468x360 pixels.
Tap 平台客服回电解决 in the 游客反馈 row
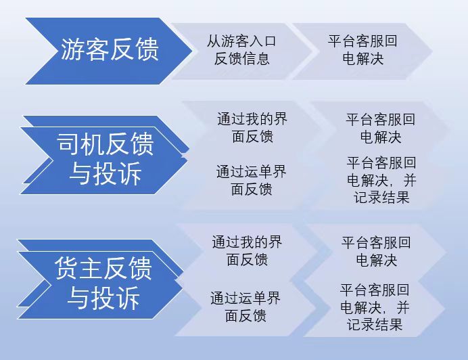(362, 49)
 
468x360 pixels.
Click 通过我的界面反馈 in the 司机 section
(252, 128)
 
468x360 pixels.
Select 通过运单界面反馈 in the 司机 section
(252, 181)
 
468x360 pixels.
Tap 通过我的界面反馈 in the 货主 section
(247, 250)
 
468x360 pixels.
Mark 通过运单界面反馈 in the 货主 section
(245, 307)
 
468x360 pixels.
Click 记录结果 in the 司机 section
(381, 198)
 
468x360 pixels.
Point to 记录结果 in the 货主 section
(375, 324)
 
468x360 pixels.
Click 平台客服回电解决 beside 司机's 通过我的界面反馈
(381, 128)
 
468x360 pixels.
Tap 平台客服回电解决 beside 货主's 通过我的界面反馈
(376, 251)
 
